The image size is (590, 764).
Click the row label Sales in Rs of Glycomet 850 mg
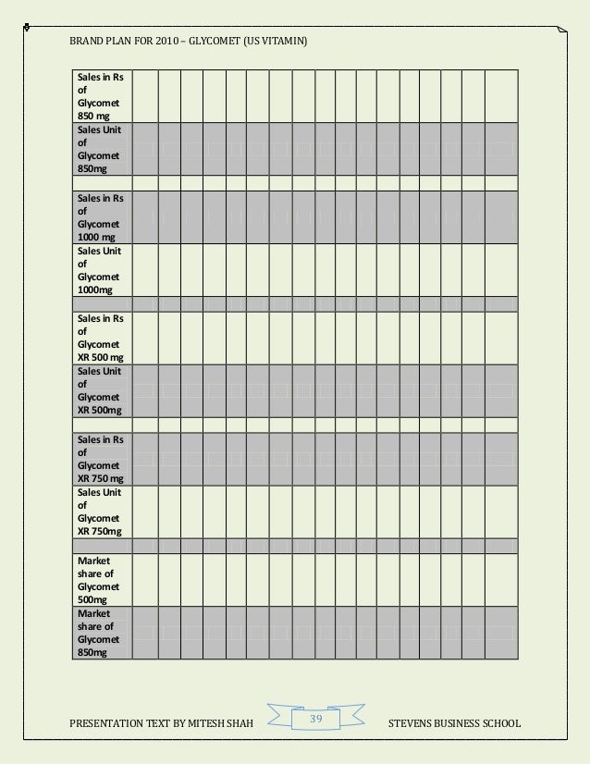[x=99, y=95]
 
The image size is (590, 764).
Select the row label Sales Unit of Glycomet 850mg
[x=99, y=149]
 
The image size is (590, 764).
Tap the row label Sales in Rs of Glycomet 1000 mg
[x=99, y=217]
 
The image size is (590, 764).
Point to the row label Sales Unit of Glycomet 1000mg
[x=99, y=270]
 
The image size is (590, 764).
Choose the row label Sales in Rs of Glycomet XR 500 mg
[x=101, y=338]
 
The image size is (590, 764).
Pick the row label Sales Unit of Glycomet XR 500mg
[x=101, y=390]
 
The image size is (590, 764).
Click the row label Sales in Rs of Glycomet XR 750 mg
[x=101, y=459]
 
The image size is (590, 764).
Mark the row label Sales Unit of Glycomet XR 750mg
[x=101, y=511]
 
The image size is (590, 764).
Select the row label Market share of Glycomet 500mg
[x=99, y=580]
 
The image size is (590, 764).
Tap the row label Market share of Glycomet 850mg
[x=99, y=633]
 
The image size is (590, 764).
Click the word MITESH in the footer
[x=202, y=722]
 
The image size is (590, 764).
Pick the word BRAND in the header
[x=85, y=43]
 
